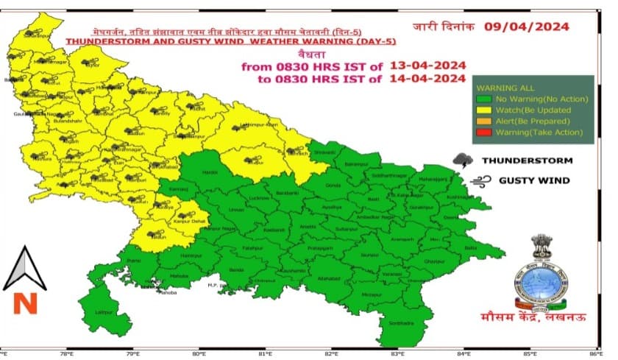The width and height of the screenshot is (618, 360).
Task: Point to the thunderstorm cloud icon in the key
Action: click(x=464, y=160)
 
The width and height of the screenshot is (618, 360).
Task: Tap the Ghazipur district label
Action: click(x=457, y=261)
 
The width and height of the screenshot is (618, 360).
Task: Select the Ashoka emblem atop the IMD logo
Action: click(x=542, y=248)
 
